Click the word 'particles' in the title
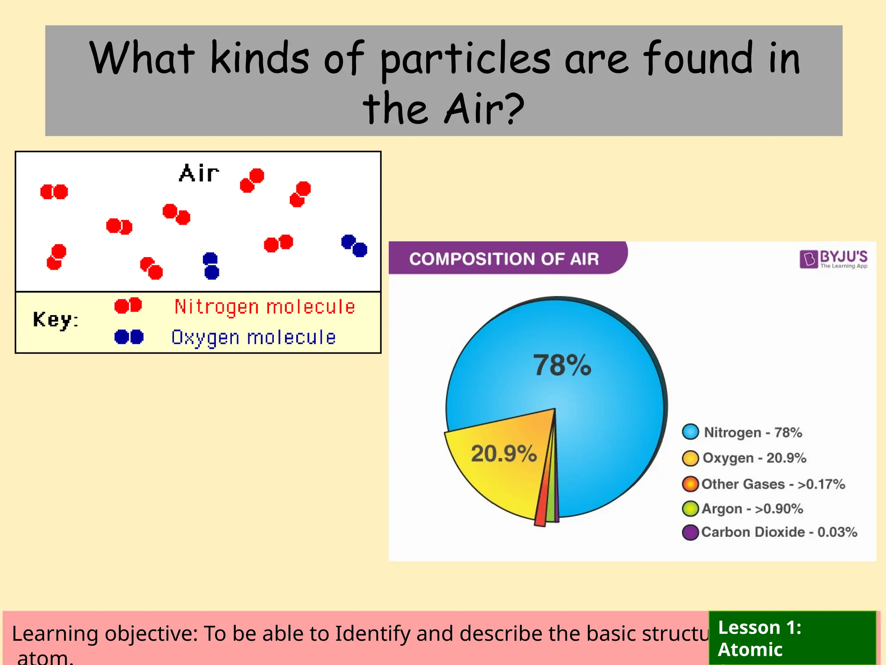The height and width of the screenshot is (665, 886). pos(465,58)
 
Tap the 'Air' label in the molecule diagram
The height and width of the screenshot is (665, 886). pos(199,173)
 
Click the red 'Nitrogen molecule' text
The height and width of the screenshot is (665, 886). pos(264,307)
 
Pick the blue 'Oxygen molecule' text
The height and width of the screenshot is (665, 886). pos(254,337)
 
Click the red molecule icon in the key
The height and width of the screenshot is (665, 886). pos(128,306)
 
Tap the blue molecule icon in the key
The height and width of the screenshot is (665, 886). pos(129,336)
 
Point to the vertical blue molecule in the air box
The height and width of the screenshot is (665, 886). pos(211,266)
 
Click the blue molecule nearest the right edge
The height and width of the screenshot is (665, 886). pos(354,246)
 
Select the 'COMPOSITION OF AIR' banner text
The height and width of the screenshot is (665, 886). pos(504,259)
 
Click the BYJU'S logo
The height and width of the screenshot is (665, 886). pos(833,259)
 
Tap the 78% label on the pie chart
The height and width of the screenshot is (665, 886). pos(562,365)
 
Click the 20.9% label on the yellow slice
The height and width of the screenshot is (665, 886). pos(504,453)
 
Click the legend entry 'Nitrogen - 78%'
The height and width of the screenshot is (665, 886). pos(753,432)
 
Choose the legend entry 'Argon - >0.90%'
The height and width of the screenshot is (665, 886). pos(752,508)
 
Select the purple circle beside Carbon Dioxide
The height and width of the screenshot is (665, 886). pos(690,532)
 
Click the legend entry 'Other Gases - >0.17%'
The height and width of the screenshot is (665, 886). pos(773,484)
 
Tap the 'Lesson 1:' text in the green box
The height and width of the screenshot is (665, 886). pos(760,627)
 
